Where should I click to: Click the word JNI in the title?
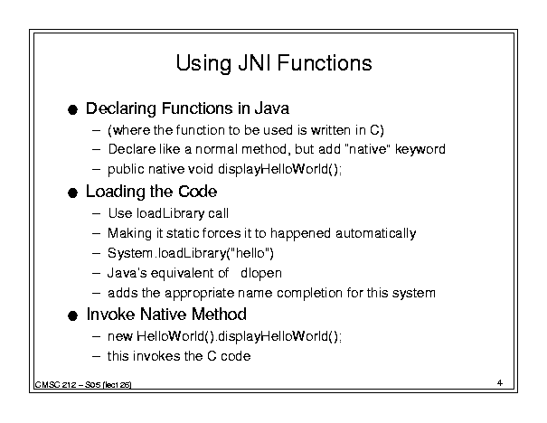pyautogui.click(x=255, y=63)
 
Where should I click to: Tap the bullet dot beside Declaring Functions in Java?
pyautogui.click(x=72, y=110)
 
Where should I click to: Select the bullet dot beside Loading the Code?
pyautogui.click(x=72, y=193)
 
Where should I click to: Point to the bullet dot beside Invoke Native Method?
pyautogui.click(x=72, y=316)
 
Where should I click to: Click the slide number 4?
pyautogui.click(x=500, y=383)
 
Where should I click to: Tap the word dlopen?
pyautogui.click(x=261, y=273)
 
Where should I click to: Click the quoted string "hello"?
pyautogui.click(x=250, y=253)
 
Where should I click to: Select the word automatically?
pyautogui.click(x=376, y=233)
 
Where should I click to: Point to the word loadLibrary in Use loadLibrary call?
pyautogui.click(x=170, y=214)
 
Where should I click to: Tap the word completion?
pyautogui.click(x=309, y=293)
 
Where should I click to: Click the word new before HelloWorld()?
pyautogui.click(x=120, y=336)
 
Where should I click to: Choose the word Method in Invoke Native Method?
pyautogui.click(x=219, y=315)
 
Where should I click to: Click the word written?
pyautogui.click(x=331, y=130)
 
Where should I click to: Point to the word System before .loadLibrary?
pyautogui.click(x=130, y=253)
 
